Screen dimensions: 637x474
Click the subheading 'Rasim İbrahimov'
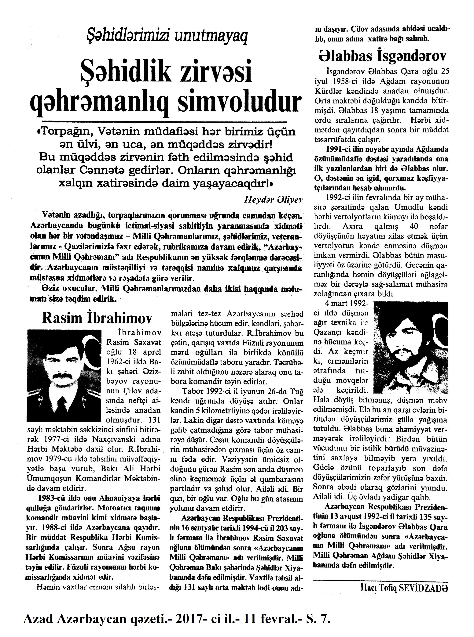pyautogui.click(x=97, y=318)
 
